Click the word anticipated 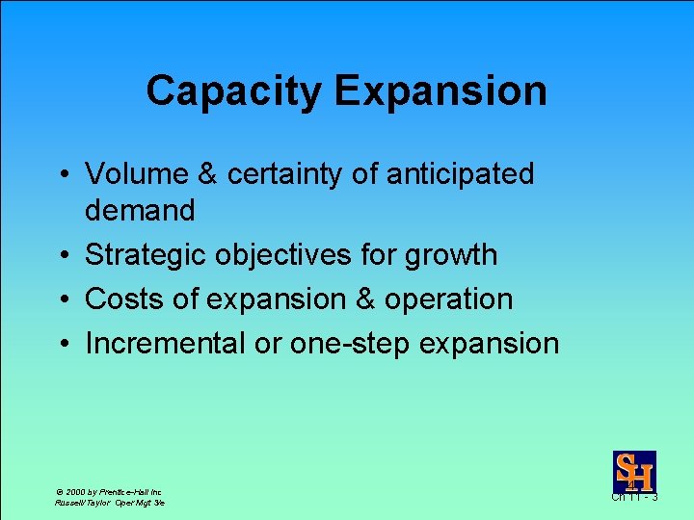pyautogui.click(x=460, y=174)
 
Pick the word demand pyautogui.click(x=140, y=209)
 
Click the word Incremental pyautogui.click(x=165, y=343)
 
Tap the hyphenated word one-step pyautogui.click(x=351, y=343)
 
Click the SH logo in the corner pyautogui.click(x=634, y=472)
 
